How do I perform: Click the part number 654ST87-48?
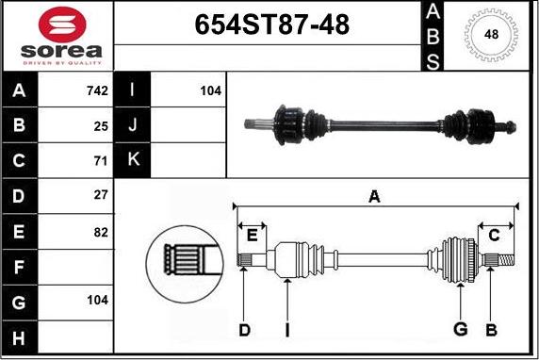pos(272,25)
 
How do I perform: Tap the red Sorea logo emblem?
pos(62,25)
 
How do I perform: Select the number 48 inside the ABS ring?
pos(491,34)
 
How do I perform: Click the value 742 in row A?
pos(97,90)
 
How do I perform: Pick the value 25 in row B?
pos(101,126)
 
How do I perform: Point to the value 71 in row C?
pos(101,161)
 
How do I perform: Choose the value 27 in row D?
pos(101,195)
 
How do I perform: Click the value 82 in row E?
pos(101,232)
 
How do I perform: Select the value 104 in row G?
pos(97,300)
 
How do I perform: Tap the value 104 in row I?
pos(211,90)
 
